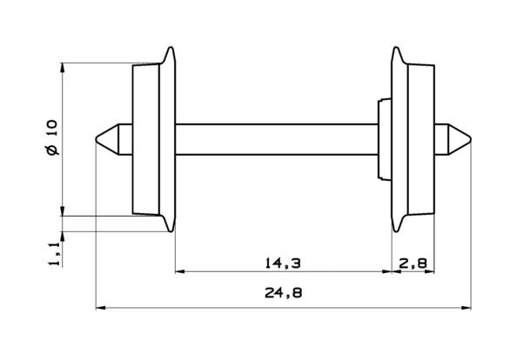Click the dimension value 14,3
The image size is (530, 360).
click(x=282, y=262)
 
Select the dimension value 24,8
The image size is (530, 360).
click(x=282, y=294)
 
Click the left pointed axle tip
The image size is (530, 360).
click(x=97, y=139)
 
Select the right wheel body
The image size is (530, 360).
click(x=419, y=139)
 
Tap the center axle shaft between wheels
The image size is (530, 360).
click(x=277, y=139)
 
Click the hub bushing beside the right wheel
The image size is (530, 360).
click(x=383, y=139)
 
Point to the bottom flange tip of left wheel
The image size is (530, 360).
click(x=169, y=230)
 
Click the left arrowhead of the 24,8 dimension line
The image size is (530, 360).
click(x=98, y=307)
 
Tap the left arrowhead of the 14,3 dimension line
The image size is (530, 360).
click(x=180, y=272)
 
